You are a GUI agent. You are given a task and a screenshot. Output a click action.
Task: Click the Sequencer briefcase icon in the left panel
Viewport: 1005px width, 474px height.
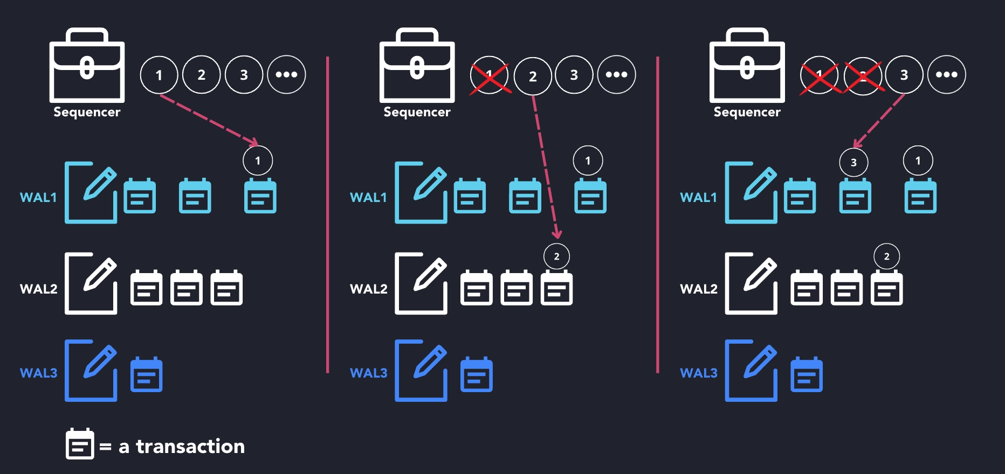(87, 66)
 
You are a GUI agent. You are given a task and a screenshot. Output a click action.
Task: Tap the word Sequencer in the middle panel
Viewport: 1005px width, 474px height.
(417, 112)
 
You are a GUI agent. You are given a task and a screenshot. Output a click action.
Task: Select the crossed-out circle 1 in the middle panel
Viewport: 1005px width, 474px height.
(489, 75)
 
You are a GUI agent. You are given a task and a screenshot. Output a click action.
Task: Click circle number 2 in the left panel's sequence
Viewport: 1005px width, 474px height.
(201, 75)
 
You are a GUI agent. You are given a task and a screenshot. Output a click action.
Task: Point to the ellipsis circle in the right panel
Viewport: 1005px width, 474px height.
(946, 75)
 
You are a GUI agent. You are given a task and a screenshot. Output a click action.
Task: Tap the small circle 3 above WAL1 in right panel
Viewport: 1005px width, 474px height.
(853, 162)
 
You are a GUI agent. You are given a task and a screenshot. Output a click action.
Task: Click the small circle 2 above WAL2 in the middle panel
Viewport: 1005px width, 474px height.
(556, 256)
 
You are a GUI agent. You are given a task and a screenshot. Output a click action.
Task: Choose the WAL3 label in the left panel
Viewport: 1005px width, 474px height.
(38, 373)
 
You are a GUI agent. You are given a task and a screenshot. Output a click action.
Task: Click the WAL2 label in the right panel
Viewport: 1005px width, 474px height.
(698, 289)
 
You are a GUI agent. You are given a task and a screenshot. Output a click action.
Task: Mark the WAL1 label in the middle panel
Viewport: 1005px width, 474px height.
(368, 197)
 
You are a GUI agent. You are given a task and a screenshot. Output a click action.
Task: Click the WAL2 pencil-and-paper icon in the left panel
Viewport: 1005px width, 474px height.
(91, 283)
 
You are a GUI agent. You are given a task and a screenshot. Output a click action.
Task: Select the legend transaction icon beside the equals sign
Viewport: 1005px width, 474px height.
(80, 444)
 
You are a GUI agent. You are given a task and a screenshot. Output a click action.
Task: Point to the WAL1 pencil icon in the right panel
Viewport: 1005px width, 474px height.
(751, 192)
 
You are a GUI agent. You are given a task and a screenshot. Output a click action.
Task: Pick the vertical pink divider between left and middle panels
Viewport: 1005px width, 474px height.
(327, 215)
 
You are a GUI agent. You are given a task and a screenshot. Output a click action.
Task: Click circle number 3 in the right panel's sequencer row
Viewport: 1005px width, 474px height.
(904, 75)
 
